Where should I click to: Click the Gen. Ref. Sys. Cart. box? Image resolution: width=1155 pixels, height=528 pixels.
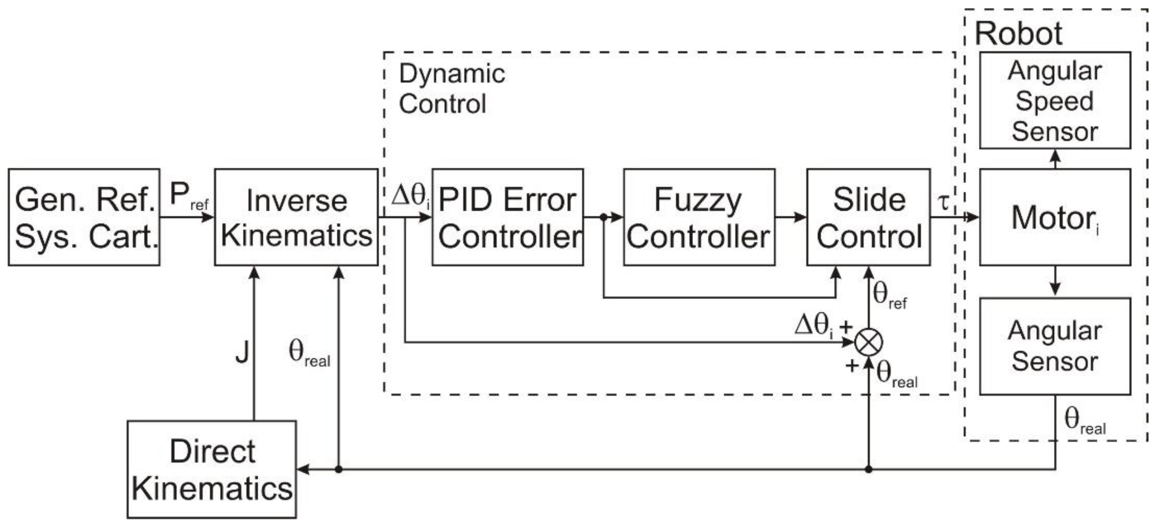tap(84, 217)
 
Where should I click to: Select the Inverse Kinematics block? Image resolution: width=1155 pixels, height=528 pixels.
tap(296, 217)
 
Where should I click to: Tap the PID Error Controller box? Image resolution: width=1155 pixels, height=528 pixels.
tap(508, 217)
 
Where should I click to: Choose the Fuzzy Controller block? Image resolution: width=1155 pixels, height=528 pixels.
tap(699, 217)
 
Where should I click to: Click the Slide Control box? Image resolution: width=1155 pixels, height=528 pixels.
tap(868, 217)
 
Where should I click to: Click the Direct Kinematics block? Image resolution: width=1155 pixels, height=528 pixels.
tap(212, 469)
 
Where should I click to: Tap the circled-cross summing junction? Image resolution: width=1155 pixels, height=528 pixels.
tap(868, 343)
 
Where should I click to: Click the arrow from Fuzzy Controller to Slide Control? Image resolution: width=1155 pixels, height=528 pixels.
tap(790, 217)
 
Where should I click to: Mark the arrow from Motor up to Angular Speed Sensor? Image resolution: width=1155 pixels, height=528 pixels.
tap(1056, 159)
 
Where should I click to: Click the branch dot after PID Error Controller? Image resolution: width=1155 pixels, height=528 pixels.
tap(603, 217)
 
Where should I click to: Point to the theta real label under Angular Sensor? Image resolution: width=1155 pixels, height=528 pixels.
tap(1084, 422)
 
